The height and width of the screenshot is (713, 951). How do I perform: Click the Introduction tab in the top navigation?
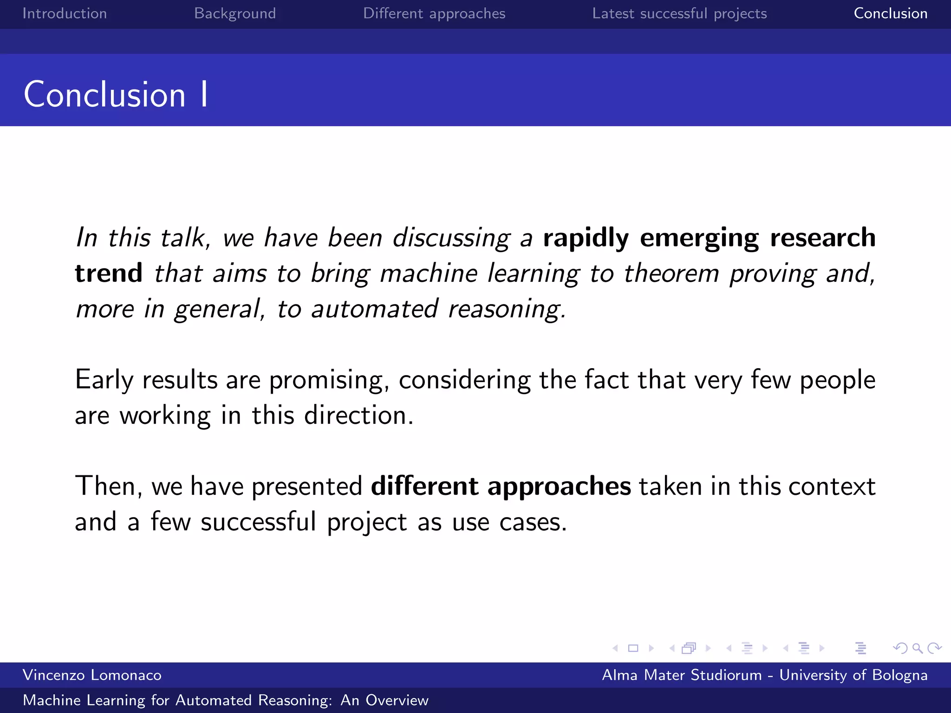click(x=65, y=13)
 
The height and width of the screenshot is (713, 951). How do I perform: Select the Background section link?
click(x=235, y=13)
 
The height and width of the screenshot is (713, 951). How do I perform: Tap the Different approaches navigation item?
click(x=434, y=13)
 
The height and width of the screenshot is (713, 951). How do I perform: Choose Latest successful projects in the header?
click(x=679, y=13)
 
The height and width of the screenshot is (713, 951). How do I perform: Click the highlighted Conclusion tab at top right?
click(x=890, y=13)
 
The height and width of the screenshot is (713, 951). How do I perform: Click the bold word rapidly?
click(x=586, y=238)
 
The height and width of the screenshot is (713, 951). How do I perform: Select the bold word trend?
click(x=109, y=273)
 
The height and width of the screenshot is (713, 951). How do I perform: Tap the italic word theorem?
click(x=671, y=273)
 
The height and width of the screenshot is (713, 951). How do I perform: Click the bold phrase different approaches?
click(x=501, y=486)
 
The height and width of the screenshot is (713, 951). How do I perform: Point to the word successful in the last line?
click(x=258, y=522)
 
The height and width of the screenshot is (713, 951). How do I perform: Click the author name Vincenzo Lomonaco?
click(x=92, y=675)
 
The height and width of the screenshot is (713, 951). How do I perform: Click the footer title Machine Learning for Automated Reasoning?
click(x=225, y=700)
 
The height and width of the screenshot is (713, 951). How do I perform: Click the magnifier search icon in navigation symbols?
click(x=917, y=648)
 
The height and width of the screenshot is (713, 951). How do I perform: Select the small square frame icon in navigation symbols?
click(x=633, y=648)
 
